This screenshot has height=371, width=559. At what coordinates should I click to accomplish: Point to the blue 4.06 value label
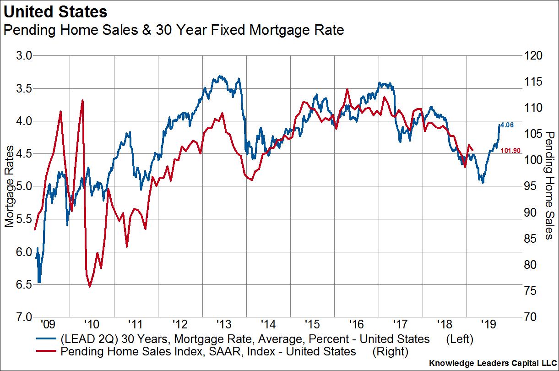coord(508,125)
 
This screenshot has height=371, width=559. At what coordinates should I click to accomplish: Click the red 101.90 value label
coord(510,151)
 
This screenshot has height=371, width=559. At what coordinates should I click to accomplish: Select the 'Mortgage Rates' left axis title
coord(10,187)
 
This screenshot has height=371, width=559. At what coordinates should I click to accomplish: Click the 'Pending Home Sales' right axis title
coord(549,185)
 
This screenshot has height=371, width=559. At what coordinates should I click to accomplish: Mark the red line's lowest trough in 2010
coord(90,287)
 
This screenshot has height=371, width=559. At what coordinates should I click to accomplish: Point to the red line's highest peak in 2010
coord(82,100)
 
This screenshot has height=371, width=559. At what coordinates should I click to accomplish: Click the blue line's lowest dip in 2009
coord(39,282)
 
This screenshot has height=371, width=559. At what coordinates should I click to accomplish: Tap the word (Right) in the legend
coord(390,351)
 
